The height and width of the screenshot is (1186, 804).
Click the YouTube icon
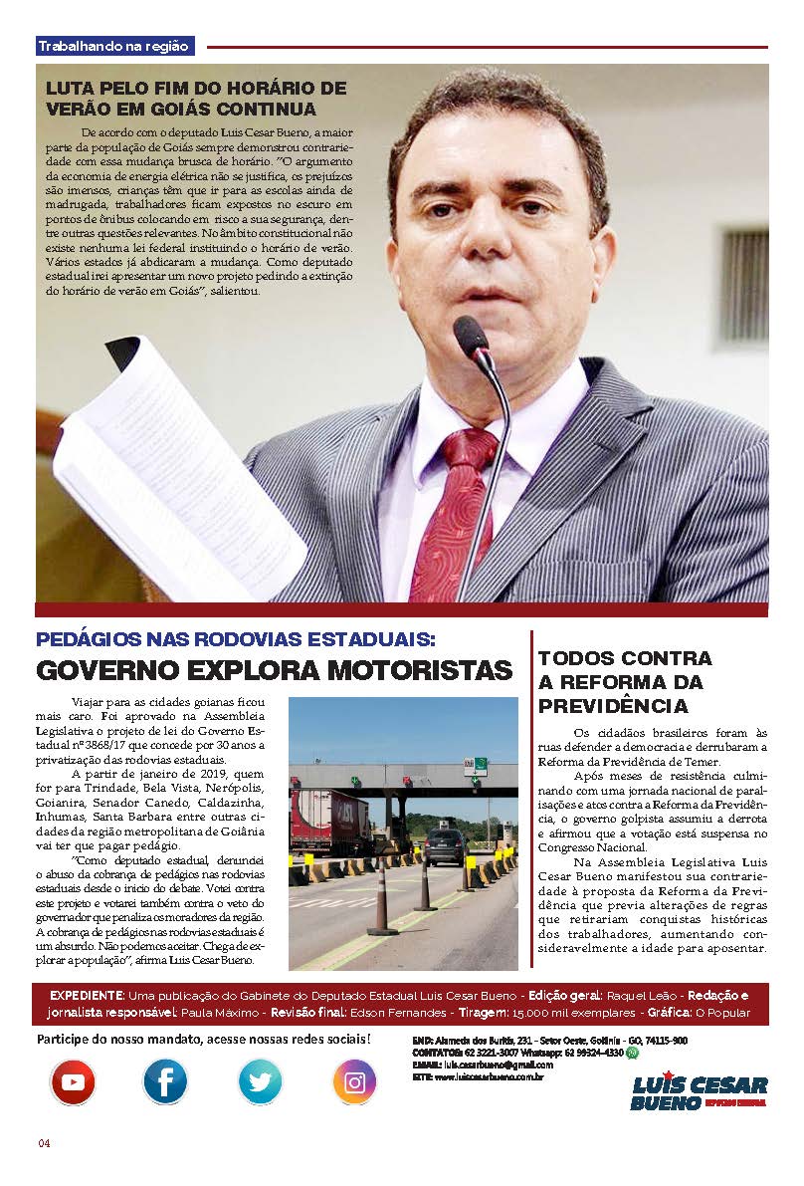pos(73,1081)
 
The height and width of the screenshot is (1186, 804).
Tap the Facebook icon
pos(165,1081)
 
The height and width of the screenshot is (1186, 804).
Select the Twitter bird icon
pos(260,1081)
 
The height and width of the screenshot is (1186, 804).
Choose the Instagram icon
pos(354,1081)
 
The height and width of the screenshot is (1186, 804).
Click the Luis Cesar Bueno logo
pos(699,1092)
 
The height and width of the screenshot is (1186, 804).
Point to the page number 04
pos(44,1142)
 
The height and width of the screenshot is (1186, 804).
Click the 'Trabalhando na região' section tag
pos(115,46)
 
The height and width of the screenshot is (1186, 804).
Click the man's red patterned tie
pos(453,518)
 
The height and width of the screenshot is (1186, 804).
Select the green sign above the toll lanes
pos(477,765)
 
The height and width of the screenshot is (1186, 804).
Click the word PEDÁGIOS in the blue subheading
pos(91,639)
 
